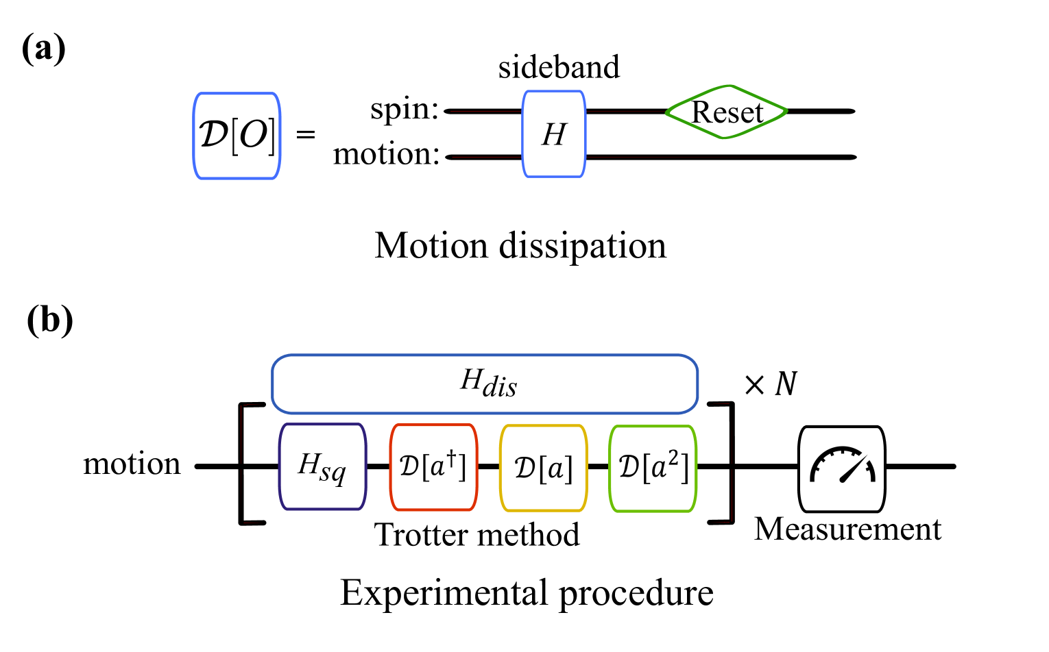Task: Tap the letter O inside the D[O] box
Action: coord(253,135)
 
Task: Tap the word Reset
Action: coord(727,112)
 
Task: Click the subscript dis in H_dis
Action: coord(500,388)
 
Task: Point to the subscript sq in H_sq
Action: coord(333,473)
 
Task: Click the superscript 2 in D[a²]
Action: coord(673,457)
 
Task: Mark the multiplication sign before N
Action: coord(754,385)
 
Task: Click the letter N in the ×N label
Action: coord(786,384)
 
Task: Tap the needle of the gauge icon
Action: coord(854,469)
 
